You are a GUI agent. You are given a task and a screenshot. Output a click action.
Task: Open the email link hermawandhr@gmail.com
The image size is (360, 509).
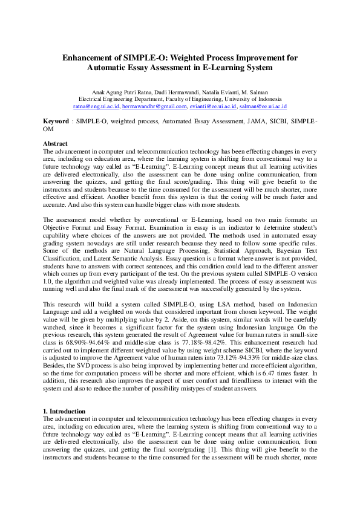154,105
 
